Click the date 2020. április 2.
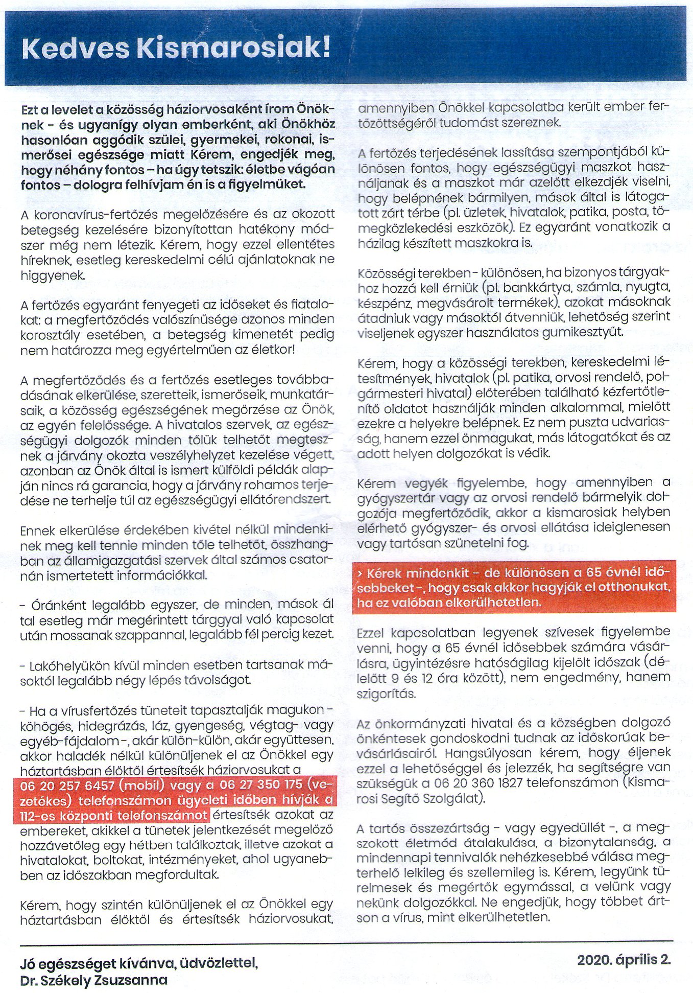624,959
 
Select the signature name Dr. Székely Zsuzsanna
94,980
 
